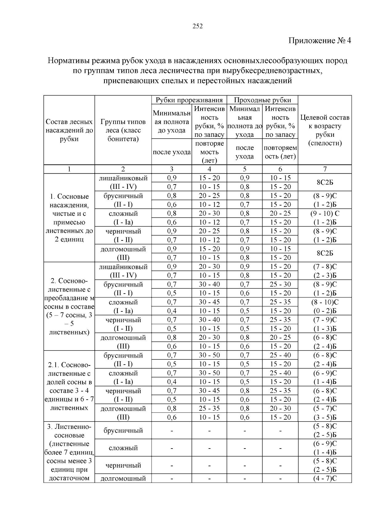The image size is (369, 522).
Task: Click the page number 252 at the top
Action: [x=198, y=26]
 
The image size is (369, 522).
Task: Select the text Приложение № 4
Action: [x=319, y=41]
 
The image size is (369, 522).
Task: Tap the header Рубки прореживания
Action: [x=189, y=100]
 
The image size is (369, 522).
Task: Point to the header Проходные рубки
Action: [x=262, y=100]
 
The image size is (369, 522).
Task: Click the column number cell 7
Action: [x=325, y=169]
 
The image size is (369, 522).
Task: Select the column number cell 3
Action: [x=172, y=169]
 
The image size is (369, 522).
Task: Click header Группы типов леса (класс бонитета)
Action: [x=123, y=130]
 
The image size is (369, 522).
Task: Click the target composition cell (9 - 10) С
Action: [x=325, y=213]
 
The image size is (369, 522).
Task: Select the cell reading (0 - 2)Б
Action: [x=325, y=311]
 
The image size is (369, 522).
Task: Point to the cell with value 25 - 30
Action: [x=280, y=284]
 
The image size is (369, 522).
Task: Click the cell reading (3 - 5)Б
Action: [x=325, y=417]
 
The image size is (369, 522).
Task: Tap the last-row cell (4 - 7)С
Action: [x=325, y=479]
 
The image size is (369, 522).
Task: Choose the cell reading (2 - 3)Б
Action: [x=325, y=275]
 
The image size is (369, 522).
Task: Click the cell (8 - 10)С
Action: [x=325, y=302]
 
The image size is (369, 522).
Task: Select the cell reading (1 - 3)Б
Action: [x=325, y=329]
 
